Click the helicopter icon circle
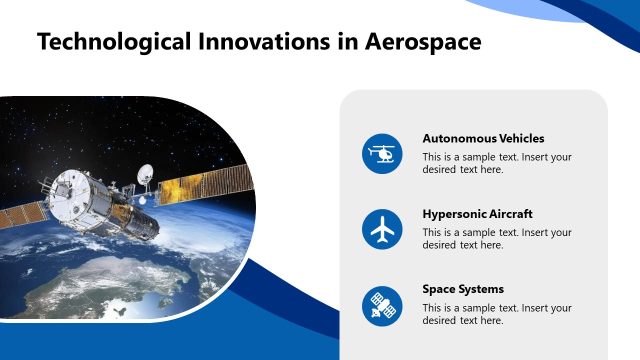point(381,154)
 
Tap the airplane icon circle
point(381,230)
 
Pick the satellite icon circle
point(381,305)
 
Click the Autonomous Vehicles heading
point(483,139)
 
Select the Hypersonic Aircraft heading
point(477,214)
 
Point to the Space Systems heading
point(463,289)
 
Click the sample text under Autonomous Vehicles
point(496,163)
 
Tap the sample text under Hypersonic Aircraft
point(496,238)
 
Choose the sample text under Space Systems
point(496,313)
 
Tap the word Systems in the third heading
point(482,289)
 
